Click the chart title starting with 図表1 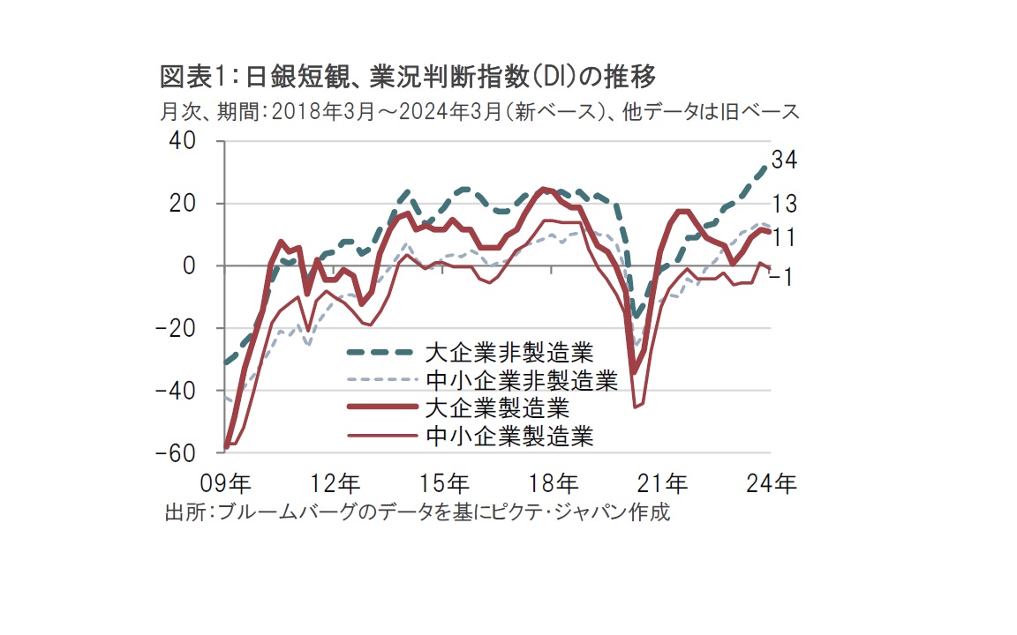pyautogui.click(x=408, y=78)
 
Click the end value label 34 pyautogui.click(x=785, y=161)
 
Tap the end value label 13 pyautogui.click(x=785, y=204)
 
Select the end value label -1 pyautogui.click(x=782, y=276)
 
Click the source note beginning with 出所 pyautogui.click(x=418, y=512)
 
